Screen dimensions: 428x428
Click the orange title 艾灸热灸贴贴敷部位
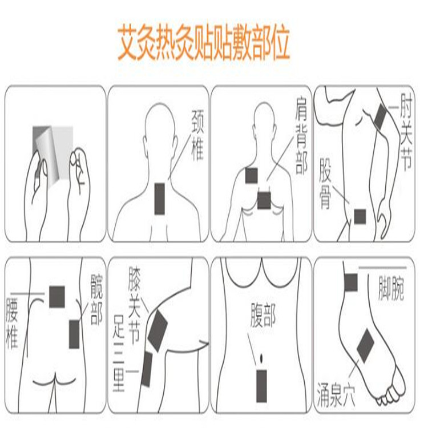(x=204, y=43)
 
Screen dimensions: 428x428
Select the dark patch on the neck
(x=161, y=198)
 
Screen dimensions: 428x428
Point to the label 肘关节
(x=405, y=132)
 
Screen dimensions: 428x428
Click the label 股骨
(x=326, y=184)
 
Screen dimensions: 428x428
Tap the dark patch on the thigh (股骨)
(x=360, y=216)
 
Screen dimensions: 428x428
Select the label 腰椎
(x=13, y=323)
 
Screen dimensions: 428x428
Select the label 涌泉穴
(x=336, y=396)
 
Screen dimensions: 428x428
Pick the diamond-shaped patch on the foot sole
(x=365, y=345)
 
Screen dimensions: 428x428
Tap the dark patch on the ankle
(x=350, y=281)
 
